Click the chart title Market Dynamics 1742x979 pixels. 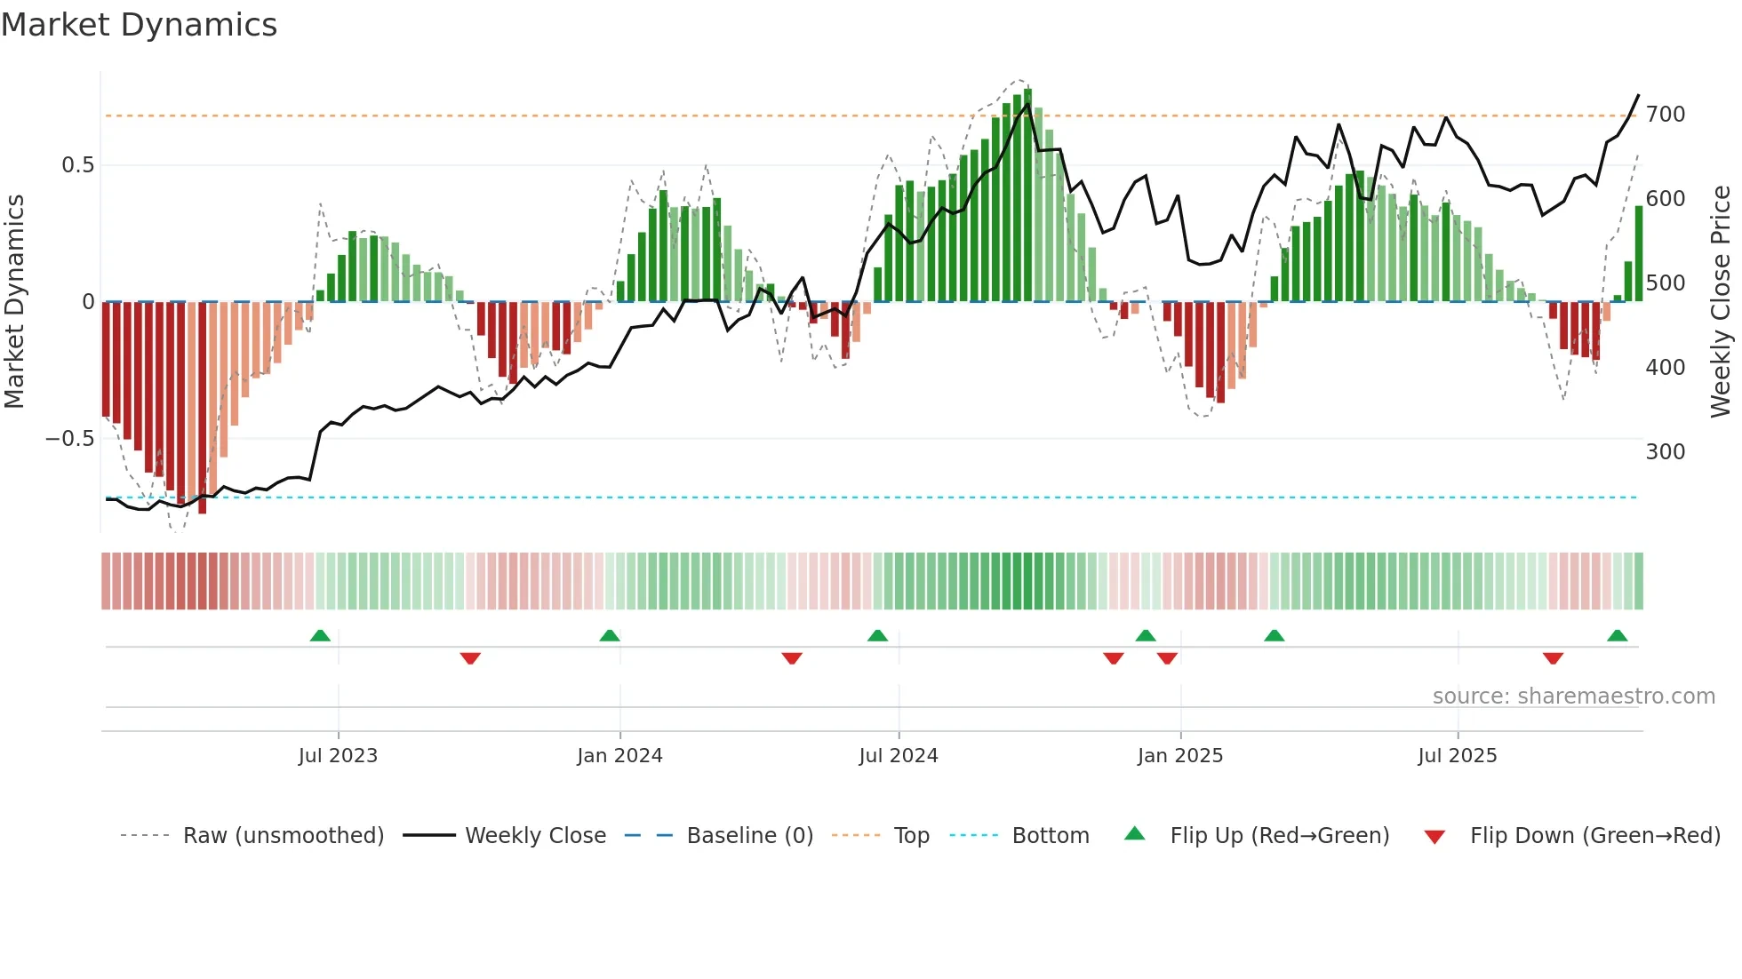140,25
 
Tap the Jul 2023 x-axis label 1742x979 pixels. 338,756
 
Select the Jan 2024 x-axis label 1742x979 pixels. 619,756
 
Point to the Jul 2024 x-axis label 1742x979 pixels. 899,756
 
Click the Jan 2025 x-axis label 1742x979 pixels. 1180,756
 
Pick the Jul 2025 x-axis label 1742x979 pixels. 1458,756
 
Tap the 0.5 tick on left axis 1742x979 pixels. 78,165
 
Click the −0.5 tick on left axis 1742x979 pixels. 70,439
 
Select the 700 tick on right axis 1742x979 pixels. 1666,115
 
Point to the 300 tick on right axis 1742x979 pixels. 1666,452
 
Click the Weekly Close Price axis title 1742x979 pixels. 1722,302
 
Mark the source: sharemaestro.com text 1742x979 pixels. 1573,696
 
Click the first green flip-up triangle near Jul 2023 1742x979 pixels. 320,635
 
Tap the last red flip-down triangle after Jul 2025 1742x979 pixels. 1553,658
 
